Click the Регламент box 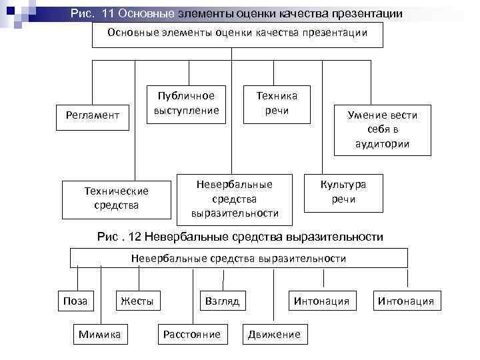tap(93, 115)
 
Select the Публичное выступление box tap(186, 103)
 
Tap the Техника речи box tap(277, 103)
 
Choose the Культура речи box tap(343, 192)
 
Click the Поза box tap(75, 301)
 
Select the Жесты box tap(137, 301)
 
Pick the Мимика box tap(99, 334)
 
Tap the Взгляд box tap(223, 301)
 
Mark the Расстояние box tap(191, 334)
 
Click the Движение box tap(274, 334)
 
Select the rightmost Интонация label tap(405, 301)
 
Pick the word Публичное tap(186, 95)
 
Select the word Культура tap(343, 185)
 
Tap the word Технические tap(116, 191)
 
